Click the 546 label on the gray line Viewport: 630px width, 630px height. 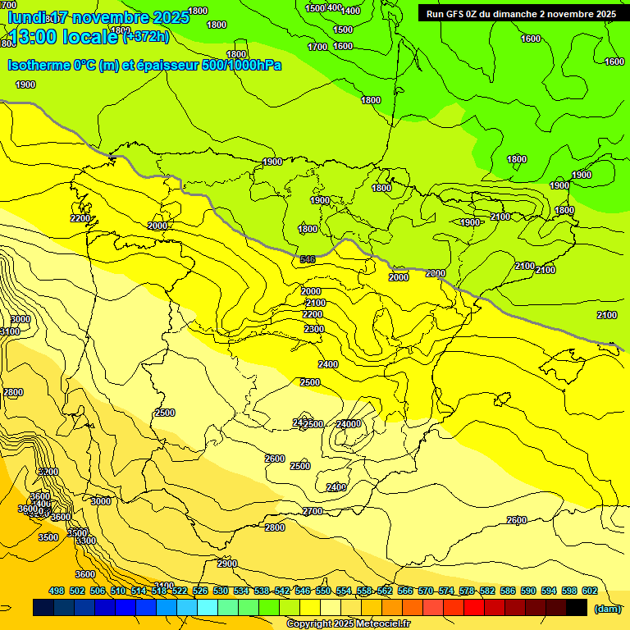tap(308, 259)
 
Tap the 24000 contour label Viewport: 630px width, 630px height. tap(349, 424)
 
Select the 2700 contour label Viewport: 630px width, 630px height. tap(313, 511)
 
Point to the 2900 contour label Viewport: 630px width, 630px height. tap(227, 564)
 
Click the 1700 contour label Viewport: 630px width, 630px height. tap(317, 47)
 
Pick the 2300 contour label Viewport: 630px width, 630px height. tap(313, 329)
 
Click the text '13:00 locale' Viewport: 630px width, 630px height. tap(66, 37)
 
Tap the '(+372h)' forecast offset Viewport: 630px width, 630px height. tap(146, 36)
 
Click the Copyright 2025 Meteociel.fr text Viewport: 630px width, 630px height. tap(348, 624)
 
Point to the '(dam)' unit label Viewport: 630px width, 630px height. tap(608, 609)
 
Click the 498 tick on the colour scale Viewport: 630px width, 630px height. tap(57, 591)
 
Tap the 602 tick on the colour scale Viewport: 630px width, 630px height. tap(590, 591)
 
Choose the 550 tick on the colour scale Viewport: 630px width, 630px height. tap(323, 591)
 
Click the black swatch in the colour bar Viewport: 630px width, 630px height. tap(577, 608)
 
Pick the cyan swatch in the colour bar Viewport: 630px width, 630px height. tap(208, 608)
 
